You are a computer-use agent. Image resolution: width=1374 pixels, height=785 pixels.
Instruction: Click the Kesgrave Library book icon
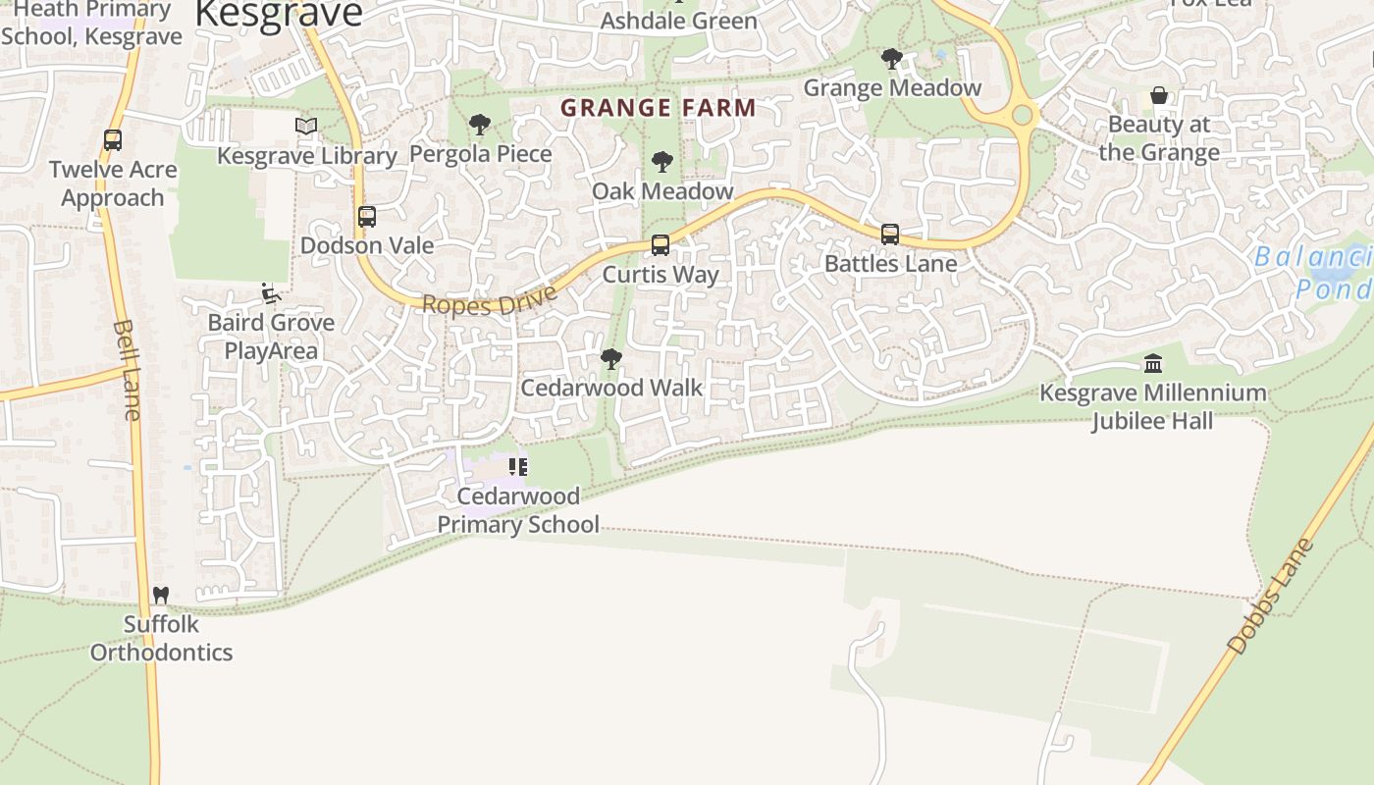[306, 126]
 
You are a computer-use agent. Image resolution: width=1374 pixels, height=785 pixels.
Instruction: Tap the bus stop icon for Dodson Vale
[366, 217]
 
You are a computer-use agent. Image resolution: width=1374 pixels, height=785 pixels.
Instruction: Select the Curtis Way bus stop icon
[661, 245]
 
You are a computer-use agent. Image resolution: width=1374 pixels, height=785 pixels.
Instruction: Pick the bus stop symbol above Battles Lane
[890, 235]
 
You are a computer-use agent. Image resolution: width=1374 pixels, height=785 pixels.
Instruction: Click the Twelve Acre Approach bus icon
[113, 140]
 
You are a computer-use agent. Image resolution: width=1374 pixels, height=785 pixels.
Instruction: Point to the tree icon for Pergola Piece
[480, 125]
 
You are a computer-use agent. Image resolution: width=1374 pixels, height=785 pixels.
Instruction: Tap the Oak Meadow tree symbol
[662, 162]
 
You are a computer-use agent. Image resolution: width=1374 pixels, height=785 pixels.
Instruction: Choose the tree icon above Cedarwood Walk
[611, 359]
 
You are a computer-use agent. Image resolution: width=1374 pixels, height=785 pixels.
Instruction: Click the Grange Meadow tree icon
[891, 59]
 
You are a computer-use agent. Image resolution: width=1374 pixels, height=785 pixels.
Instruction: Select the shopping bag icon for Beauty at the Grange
[1159, 96]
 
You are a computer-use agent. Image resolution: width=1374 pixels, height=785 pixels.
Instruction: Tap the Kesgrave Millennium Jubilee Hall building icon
[1153, 364]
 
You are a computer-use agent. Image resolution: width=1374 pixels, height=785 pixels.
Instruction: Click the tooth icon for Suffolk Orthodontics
[161, 595]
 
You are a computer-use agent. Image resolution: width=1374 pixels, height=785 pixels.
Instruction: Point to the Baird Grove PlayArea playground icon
[270, 293]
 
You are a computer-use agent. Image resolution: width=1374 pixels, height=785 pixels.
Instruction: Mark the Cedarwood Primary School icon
[517, 467]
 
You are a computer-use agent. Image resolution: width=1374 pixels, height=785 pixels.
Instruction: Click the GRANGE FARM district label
[658, 108]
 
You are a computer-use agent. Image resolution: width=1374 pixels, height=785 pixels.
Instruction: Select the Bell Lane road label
[127, 369]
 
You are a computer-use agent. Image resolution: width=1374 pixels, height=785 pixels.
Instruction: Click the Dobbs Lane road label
[1271, 596]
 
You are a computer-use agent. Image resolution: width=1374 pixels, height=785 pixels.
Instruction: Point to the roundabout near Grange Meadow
[1023, 115]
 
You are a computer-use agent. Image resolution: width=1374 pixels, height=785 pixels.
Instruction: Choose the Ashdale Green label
[679, 21]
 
